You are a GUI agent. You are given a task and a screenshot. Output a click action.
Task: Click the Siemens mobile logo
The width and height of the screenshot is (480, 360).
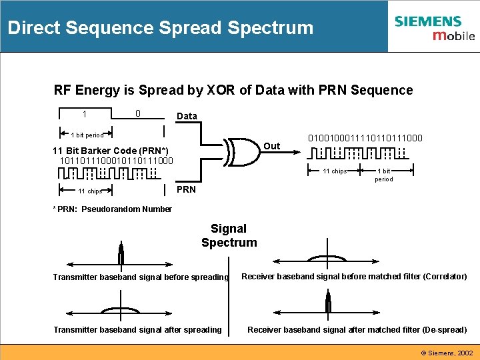click(434, 27)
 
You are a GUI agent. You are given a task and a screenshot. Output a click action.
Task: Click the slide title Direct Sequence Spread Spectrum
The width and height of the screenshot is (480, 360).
click(160, 28)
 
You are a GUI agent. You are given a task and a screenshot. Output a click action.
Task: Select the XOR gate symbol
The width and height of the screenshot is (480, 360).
click(243, 151)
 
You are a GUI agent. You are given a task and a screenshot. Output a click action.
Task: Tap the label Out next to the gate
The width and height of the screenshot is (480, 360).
click(271, 146)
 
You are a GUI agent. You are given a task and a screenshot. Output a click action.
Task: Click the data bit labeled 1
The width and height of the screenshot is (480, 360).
click(85, 114)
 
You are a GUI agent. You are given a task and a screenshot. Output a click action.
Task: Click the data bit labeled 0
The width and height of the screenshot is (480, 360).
click(137, 114)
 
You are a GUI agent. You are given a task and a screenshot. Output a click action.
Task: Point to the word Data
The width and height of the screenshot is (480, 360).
click(187, 116)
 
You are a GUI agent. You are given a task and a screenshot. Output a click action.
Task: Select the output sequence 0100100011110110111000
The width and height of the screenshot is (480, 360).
click(365, 138)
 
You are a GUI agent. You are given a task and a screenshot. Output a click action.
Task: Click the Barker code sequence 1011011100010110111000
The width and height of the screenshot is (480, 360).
click(116, 161)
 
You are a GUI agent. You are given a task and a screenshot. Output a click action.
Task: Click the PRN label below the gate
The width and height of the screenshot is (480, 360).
click(186, 189)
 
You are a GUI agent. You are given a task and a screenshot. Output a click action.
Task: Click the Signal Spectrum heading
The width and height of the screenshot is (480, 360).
click(229, 236)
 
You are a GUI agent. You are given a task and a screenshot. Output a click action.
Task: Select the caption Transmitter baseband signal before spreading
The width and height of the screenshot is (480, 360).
click(141, 277)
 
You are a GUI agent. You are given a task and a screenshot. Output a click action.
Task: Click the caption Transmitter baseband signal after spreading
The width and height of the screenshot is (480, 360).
click(137, 329)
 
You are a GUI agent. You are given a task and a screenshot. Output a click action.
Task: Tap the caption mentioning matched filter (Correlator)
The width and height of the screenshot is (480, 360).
click(353, 277)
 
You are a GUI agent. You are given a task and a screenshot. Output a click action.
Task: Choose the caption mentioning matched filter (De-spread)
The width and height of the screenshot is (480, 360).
click(357, 329)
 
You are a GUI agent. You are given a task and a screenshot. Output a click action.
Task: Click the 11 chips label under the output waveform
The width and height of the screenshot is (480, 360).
click(335, 171)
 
